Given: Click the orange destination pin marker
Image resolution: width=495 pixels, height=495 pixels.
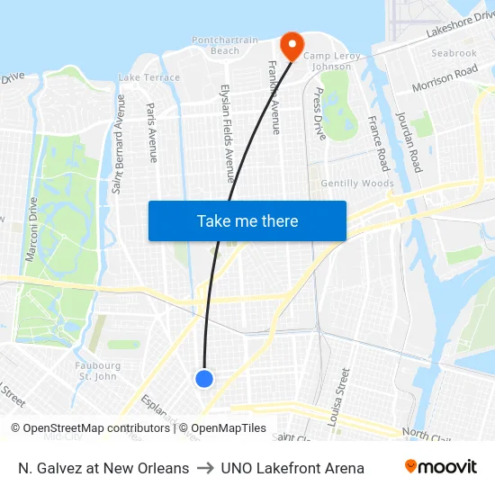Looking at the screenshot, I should click(x=292, y=45).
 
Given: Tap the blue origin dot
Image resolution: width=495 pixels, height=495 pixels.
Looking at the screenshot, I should click(x=204, y=379).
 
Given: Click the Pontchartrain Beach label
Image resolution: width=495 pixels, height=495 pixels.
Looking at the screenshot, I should click(x=224, y=45).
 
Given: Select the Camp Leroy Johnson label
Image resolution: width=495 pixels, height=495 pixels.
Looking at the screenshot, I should click(x=332, y=61).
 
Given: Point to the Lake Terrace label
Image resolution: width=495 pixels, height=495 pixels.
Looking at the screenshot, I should click(x=149, y=77).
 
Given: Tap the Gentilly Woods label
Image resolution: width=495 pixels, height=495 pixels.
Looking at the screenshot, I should click(x=357, y=184).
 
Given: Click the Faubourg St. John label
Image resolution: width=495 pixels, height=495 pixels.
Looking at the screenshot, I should click(x=100, y=371).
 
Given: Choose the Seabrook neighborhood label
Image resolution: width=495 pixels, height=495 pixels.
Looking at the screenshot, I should click(x=454, y=53).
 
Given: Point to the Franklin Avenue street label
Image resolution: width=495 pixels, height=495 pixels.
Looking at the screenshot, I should click(x=274, y=97).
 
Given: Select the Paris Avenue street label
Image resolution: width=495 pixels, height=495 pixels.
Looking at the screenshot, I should click(x=151, y=132).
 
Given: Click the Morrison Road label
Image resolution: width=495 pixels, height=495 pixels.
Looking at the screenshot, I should click(x=445, y=78).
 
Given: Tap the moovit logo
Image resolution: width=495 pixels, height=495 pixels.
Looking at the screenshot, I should click(x=441, y=467).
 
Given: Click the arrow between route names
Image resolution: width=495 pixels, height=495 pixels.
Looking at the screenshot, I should click(x=205, y=468).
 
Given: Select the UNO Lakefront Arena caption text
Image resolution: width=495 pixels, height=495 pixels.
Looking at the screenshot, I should click(x=292, y=468).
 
